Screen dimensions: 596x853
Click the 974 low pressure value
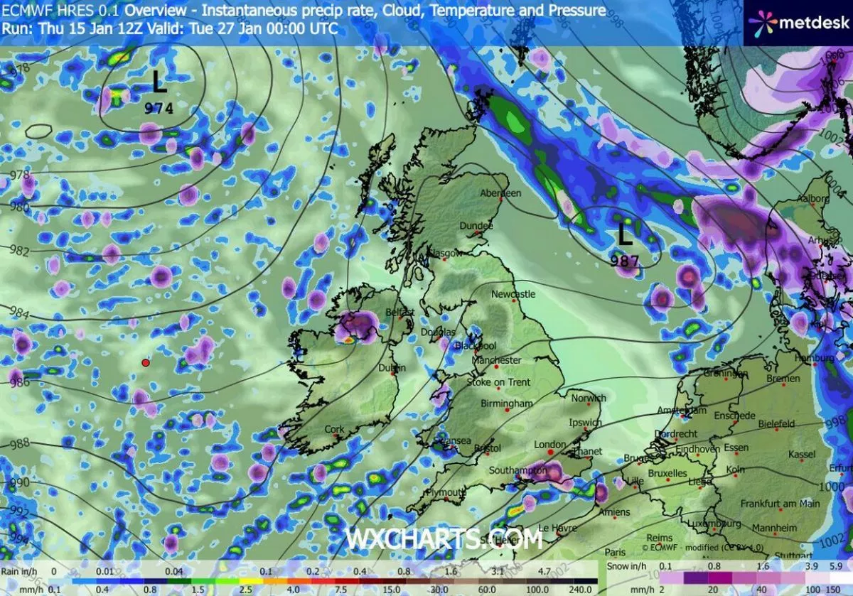click(159, 109)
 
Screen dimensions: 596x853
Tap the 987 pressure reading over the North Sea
click(625, 261)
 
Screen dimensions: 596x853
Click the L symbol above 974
click(159, 84)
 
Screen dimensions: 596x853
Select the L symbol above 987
click(625, 235)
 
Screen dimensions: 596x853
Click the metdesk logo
click(798, 21)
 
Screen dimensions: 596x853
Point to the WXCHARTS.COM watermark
click(444, 538)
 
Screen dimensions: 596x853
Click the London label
click(549, 445)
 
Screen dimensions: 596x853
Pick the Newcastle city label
click(513, 294)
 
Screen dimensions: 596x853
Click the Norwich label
click(588, 399)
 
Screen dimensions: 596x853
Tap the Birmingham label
click(506, 403)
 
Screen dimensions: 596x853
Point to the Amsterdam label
click(680, 411)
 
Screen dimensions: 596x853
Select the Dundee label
click(476, 226)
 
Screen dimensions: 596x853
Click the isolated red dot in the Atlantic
click(145, 362)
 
